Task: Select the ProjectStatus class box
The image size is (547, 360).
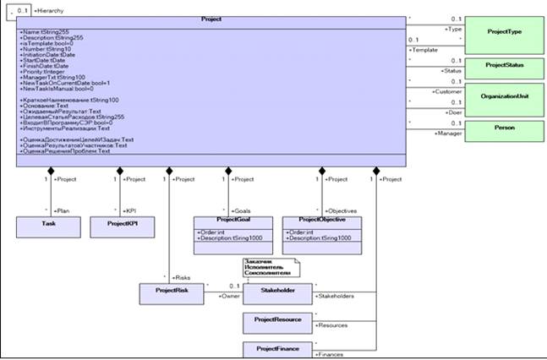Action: click(504, 66)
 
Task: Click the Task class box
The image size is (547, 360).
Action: click(47, 227)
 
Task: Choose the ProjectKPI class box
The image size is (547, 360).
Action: click(122, 227)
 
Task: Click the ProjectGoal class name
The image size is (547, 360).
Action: click(222, 220)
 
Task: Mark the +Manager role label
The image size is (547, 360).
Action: click(447, 134)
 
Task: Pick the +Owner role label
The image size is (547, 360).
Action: click(229, 297)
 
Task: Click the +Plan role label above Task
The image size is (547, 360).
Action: click(61, 210)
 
